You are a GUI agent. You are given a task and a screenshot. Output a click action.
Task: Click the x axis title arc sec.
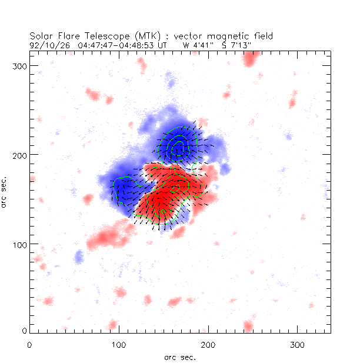(x=179, y=357)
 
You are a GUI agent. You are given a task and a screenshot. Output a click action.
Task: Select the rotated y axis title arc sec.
(x=5, y=191)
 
